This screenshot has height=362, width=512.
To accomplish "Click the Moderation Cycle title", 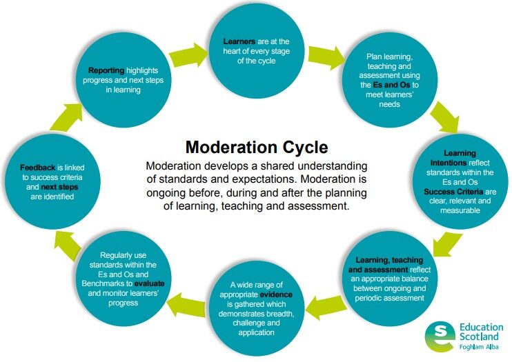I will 256,147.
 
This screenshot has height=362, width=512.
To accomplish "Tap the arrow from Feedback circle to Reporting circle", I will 61,121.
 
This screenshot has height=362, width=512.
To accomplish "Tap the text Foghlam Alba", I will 480,350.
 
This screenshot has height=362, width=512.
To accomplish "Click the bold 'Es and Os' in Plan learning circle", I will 391,85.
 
